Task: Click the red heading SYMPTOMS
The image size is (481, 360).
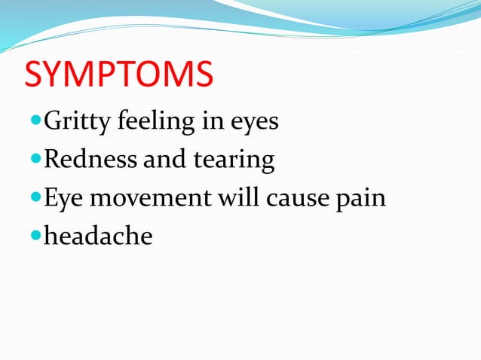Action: coord(119,76)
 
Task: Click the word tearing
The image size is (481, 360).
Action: coord(235,160)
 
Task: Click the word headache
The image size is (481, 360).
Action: coord(98,236)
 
